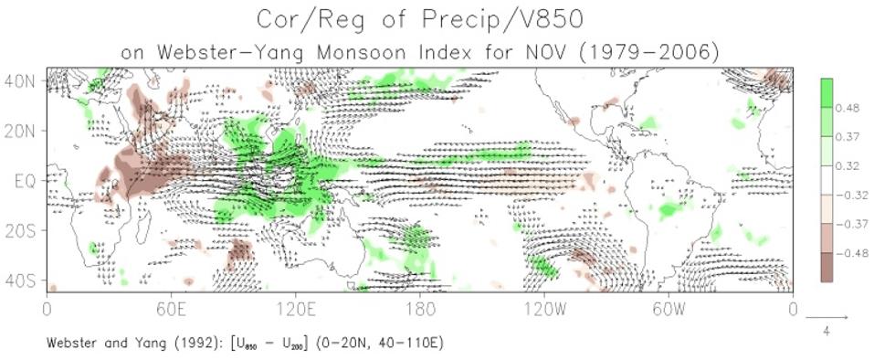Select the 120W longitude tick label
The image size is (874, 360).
point(544,309)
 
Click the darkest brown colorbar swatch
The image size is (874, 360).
point(827,267)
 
